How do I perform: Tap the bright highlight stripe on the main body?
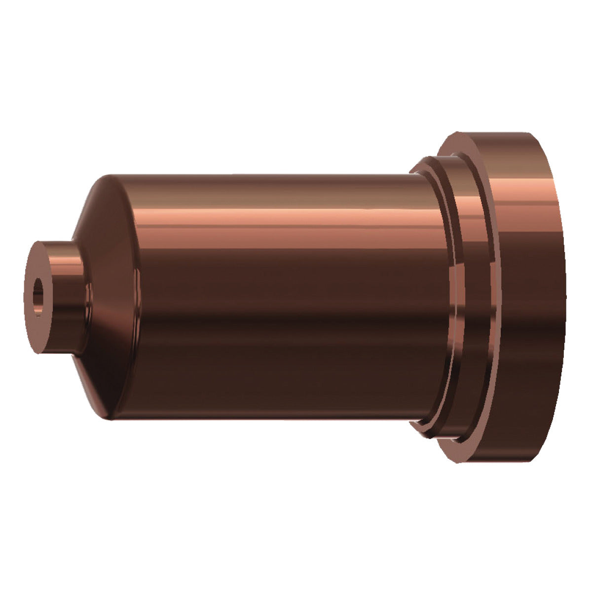276,217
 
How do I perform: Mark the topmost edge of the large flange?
493,133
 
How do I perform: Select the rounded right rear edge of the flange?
562,296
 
